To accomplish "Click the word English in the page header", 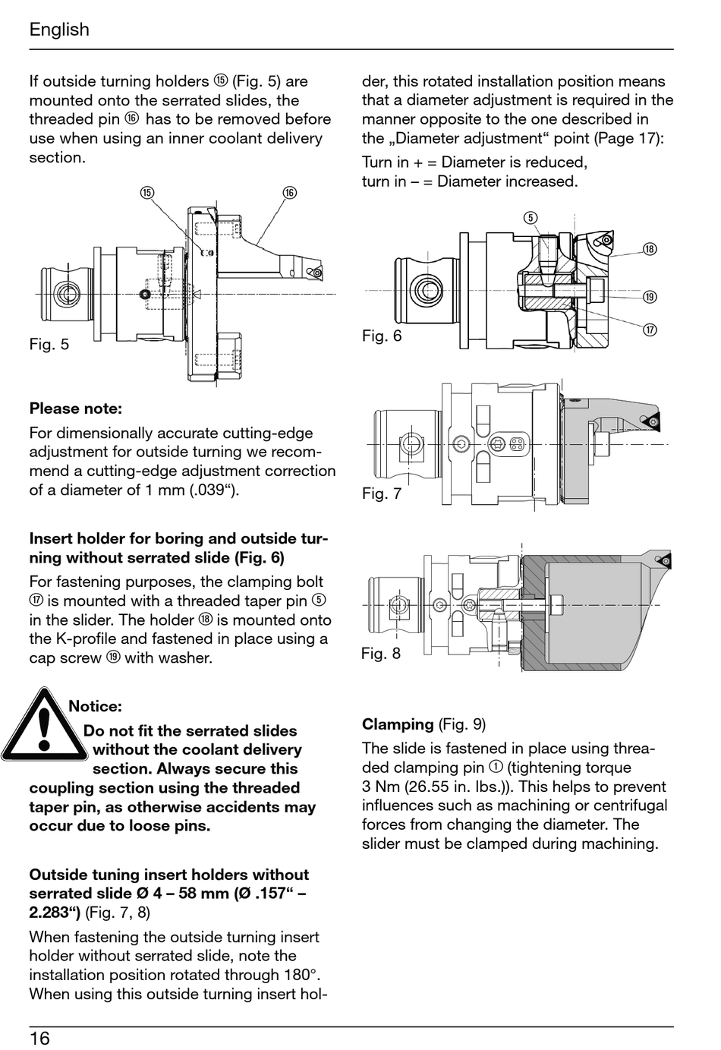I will (x=59, y=30).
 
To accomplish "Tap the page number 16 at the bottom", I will (x=39, y=1038).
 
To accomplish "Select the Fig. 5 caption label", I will (x=49, y=345).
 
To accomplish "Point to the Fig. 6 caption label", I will (x=382, y=336).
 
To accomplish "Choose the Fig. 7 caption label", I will (x=382, y=493).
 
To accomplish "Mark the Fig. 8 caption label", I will (x=381, y=653).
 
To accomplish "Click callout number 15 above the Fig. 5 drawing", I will (x=147, y=193).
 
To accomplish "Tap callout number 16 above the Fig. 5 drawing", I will (x=289, y=193).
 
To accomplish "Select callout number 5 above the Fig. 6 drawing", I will (x=531, y=218).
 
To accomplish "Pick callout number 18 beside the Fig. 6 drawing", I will (x=650, y=249).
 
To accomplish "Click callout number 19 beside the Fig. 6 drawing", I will (x=650, y=297).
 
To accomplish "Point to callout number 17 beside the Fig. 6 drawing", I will (x=650, y=330).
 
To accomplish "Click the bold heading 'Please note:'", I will (x=75, y=408).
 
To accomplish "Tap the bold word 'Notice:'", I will (x=95, y=706).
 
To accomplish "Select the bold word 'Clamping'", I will (x=398, y=724).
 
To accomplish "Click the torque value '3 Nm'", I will (x=383, y=787).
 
